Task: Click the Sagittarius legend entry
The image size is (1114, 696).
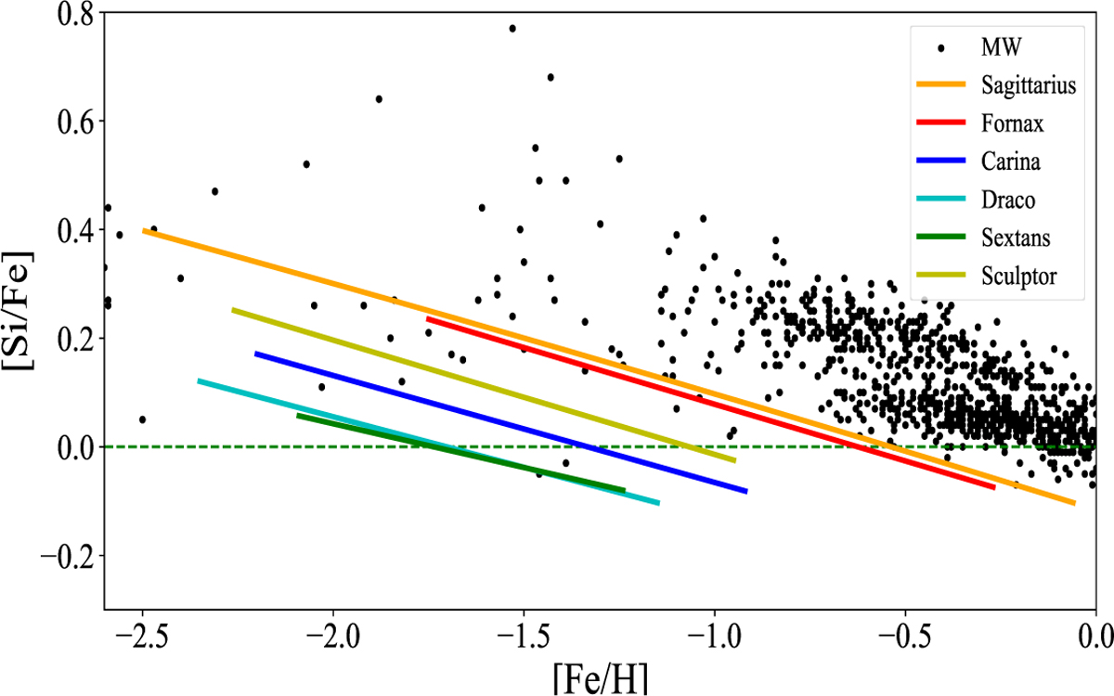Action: click(1027, 86)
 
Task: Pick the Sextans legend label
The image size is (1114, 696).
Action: click(1014, 238)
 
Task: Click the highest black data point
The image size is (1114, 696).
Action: click(512, 28)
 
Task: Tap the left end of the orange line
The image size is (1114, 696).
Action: click(144, 230)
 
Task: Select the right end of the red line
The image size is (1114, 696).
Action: click(994, 487)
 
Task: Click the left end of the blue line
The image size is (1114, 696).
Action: click(255, 354)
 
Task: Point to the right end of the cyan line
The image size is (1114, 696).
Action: click(658, 503)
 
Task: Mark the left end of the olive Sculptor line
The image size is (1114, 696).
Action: click(233, 310)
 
